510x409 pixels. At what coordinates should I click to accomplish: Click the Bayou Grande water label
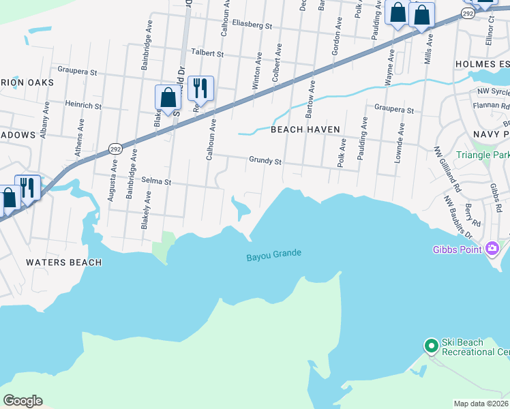[x=273, y=255]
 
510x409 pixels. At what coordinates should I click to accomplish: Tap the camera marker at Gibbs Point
[x=492, y=249]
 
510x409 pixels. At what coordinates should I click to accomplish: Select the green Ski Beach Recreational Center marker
[x=431, y=346]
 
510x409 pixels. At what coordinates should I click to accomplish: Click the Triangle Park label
[x=483, y=155]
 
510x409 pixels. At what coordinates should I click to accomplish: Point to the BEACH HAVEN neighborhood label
[x=305, y=130]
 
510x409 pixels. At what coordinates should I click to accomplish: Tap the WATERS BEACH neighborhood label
[x=63, y=262]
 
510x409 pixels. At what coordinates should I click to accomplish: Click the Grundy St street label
[x=265, y=162]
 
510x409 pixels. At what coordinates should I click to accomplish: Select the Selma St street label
[x=155, y=182]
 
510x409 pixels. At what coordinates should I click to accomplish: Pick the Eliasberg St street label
[x=252, y=26]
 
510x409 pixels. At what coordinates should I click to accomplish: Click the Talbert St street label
[x=207, y=52]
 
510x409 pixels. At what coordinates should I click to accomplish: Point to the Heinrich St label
[x=83, y=106]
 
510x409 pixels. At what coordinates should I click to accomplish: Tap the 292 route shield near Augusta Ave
[x=114, y=148]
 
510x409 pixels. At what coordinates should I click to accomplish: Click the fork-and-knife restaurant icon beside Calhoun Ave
[x=200, y=88]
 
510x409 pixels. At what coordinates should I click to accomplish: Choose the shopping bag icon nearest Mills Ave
[x=421, y=15]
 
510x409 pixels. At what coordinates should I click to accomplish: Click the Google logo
[x=22, y=401]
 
